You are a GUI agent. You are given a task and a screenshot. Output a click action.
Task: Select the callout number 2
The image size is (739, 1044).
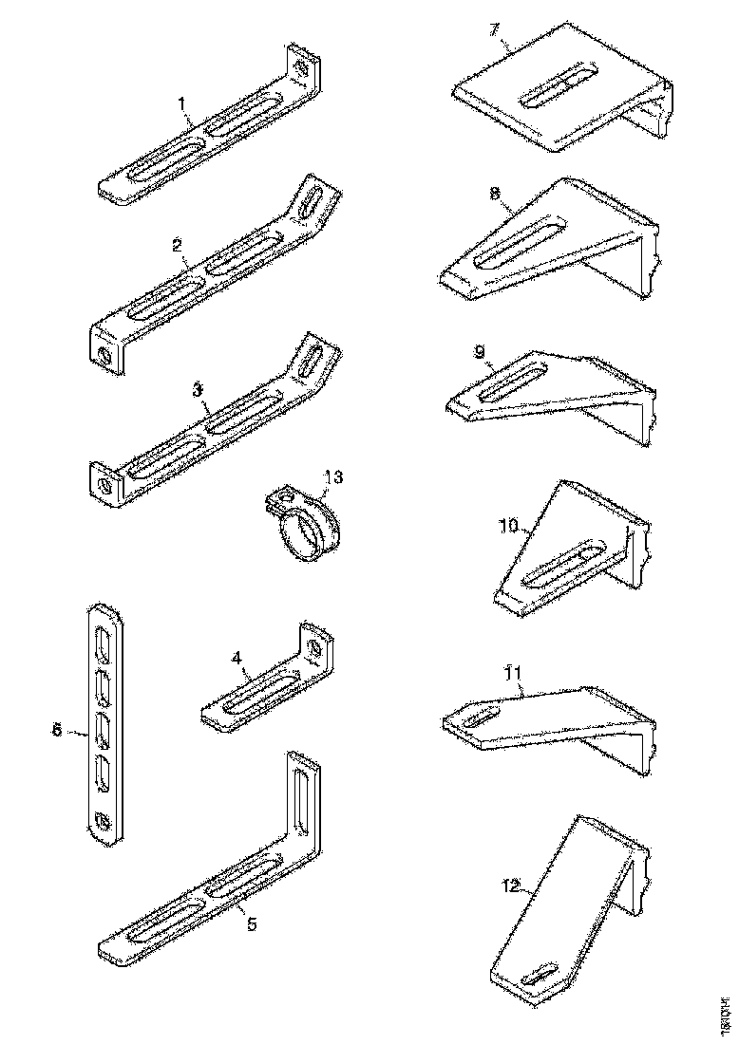(178, 245)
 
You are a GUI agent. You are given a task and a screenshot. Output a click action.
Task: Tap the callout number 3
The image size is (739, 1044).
(197, 389)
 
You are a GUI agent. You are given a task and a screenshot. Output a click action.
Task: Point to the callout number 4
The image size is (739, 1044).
(237, 657)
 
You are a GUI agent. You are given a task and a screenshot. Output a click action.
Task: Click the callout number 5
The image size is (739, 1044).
(252, 924)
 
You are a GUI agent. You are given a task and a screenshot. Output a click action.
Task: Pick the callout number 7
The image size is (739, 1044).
(495, 28)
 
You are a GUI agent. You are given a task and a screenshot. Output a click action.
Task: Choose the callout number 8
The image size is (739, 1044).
(495, 194)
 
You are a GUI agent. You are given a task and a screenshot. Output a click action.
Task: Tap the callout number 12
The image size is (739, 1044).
(511, 886)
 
